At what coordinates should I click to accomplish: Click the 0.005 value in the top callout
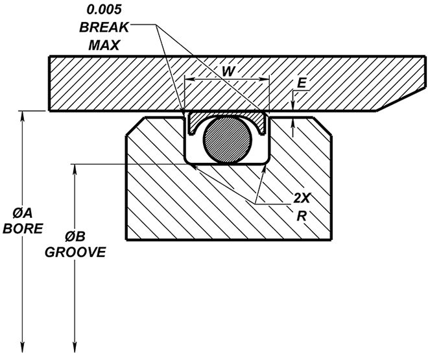point(105,10)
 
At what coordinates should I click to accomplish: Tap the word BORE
point(23,229)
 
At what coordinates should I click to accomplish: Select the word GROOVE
point(76,252)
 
